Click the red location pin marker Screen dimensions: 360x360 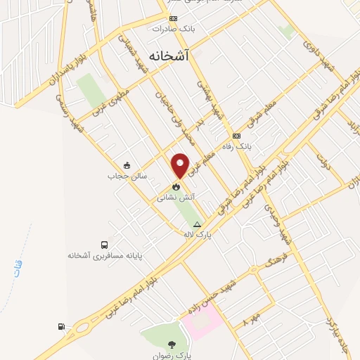pyautogui.click(x=181, y=165)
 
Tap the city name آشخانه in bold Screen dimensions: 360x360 pyautogui.click(x=169, y=55)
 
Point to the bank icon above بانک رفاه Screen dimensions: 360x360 pyautogui.click(x=236, y=136)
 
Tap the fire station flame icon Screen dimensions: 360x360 pyautogui.click(x=176, y=187)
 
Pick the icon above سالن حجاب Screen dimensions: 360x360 pyautogui.click(x=126, y=165)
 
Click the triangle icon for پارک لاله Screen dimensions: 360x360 pyautogui.click(x=197, y=224)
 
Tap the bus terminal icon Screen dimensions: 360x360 pyautogui.click(x=105, y=244)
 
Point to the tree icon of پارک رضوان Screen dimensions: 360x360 pyautogui.click(x=172, y=345)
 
